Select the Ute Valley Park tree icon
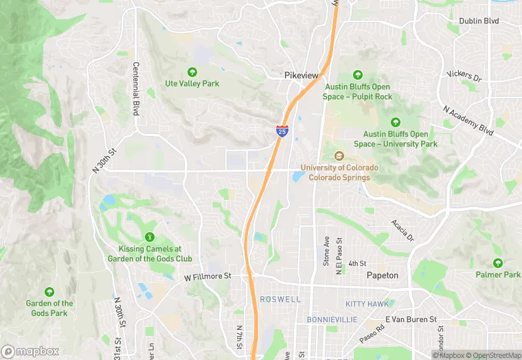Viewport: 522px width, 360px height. point(192,71)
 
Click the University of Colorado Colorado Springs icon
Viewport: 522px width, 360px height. point(338,155)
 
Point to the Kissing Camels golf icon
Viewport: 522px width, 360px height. point(149,237)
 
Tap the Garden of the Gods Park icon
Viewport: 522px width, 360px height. point(49,291)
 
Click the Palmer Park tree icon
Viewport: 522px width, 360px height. point(498,262)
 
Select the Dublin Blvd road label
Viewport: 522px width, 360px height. point(498,21)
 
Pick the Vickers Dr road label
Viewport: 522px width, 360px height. point(464,76)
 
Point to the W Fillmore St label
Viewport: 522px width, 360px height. point(207,277)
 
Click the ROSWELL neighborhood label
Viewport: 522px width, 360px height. point(280,300)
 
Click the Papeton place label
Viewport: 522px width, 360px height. point(383,275)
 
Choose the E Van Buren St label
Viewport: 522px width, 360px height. point(411,319)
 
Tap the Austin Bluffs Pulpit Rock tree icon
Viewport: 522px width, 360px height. point(357,75)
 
